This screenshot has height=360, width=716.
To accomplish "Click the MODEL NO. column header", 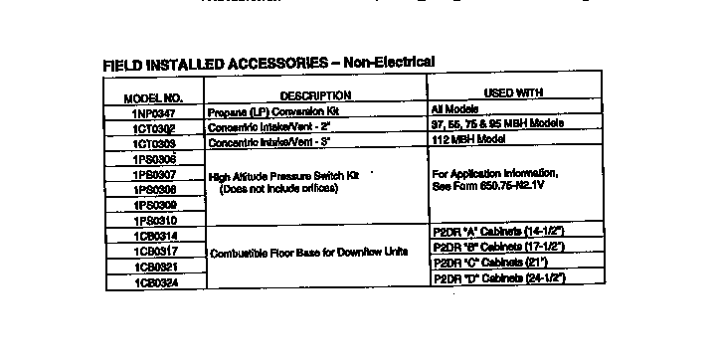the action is tap(153, 98).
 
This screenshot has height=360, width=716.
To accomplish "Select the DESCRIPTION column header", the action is tap(316, 95).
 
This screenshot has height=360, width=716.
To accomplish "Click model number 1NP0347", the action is tap(153, 113).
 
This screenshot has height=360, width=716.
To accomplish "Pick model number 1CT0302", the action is tap(153, 129).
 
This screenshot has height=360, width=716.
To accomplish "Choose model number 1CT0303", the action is tap(153, 144).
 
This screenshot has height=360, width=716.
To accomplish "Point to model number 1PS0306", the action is tap(153, 159).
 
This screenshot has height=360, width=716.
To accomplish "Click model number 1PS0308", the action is tap(153, 189).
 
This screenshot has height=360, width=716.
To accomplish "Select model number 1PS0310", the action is tap(153, 220).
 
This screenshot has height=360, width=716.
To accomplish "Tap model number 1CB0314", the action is tap(153, 236).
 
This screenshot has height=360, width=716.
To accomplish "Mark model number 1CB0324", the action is tap(153, 282).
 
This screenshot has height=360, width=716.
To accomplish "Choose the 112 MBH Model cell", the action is tap(466, 138).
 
